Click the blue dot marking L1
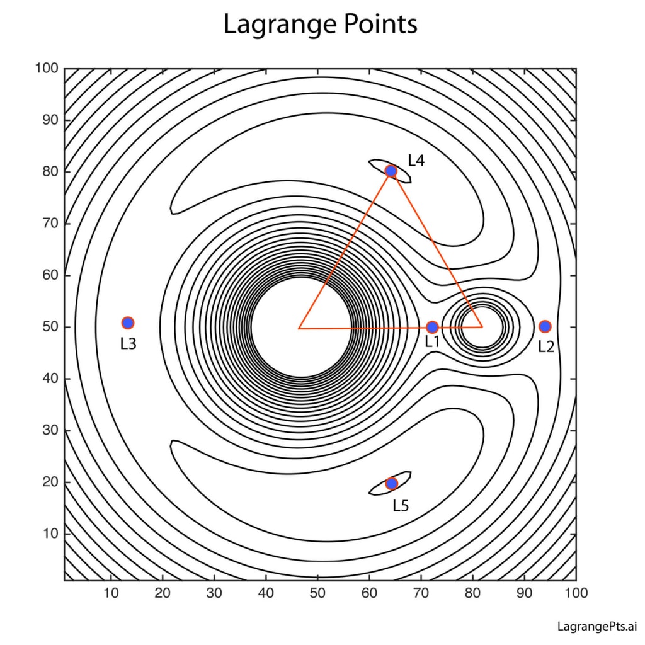click(432, 327)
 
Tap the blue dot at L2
click(545, 326)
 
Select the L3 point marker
click(128, 323)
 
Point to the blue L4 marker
click(391, 171)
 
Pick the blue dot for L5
click(391, 483)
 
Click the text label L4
click(416, 160)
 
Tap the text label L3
click(128, 344)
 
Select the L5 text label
click(401, 505)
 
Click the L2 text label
click(546, 346)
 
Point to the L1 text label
click(432, 342)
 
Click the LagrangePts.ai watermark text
click(597, 626)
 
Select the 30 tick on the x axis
click(214, 593)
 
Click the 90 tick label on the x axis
click(524, 593)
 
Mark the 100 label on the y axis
click(47, 69)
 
